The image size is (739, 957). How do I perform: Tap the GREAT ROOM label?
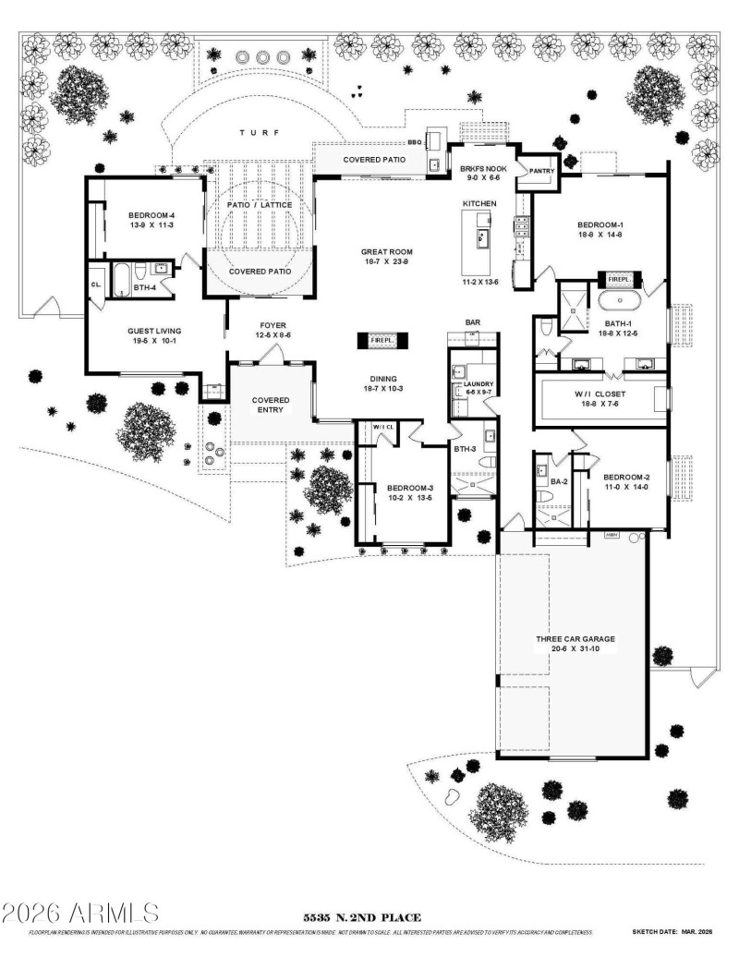tap(388, 251)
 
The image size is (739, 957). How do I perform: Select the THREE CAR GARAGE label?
tap(575, 638)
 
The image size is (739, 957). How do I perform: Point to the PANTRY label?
tap(540, 170)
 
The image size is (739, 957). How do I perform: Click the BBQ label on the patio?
tap(414, 144)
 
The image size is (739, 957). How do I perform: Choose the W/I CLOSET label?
tap(601, 394)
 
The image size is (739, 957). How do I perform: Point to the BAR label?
tap(474, 322)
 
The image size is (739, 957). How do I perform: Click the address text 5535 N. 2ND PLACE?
tap(363, 917)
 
